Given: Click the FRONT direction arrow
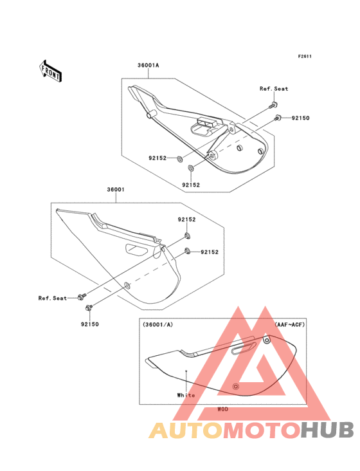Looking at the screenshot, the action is (x=51, y=71).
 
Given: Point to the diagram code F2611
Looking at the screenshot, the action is (x=305, y=56).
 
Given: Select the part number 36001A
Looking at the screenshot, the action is (x=148, y=65).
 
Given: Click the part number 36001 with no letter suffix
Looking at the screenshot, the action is (x=116, y=190).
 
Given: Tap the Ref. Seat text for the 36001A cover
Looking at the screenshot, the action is (x=274, y=89).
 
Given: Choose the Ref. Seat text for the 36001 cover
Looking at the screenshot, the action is (x=53, y=298).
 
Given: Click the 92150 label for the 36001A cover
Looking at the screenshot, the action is (x=301, y=118).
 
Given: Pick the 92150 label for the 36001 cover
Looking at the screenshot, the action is (x=90, y=324).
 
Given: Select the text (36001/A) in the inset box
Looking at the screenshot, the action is (x=157, y=324).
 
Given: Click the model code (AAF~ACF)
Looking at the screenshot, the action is (x=290, y=324).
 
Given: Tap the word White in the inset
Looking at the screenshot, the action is (x=186, y=395).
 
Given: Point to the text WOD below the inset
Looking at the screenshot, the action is (x=223, y=409).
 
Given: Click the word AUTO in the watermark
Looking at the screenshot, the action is (x=186, y=430).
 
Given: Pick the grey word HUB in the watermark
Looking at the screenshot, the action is (x=328, y=430).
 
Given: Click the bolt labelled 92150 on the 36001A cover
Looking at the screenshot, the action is (x=277, y=118).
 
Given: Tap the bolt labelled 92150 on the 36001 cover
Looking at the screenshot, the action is (x=89, y=308).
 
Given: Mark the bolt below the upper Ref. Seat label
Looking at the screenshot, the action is (x=274, y=105).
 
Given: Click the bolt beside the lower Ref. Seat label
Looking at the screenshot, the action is (x=81, y=297).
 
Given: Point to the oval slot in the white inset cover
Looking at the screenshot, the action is (x=244, y=348).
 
